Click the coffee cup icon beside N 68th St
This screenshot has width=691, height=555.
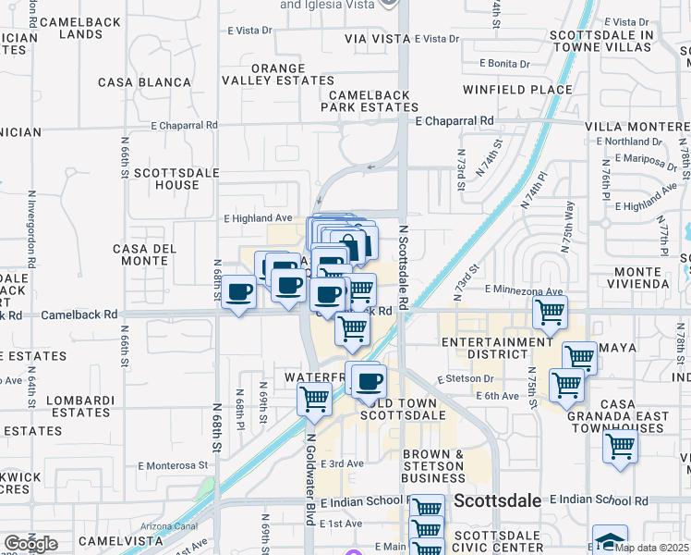click(239, 292)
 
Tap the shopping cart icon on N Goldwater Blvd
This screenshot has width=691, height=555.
click(314, 399)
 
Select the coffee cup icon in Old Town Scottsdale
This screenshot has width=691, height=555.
click(370, 380)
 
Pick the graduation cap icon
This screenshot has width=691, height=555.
click(610, 540)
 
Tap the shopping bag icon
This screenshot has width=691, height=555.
click(351, 244)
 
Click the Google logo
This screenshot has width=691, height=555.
click(30, 543)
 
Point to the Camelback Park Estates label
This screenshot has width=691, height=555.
click(370, 101)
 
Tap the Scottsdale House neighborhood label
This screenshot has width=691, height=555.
click(165, 179)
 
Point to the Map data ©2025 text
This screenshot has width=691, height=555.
click(652, 548)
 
